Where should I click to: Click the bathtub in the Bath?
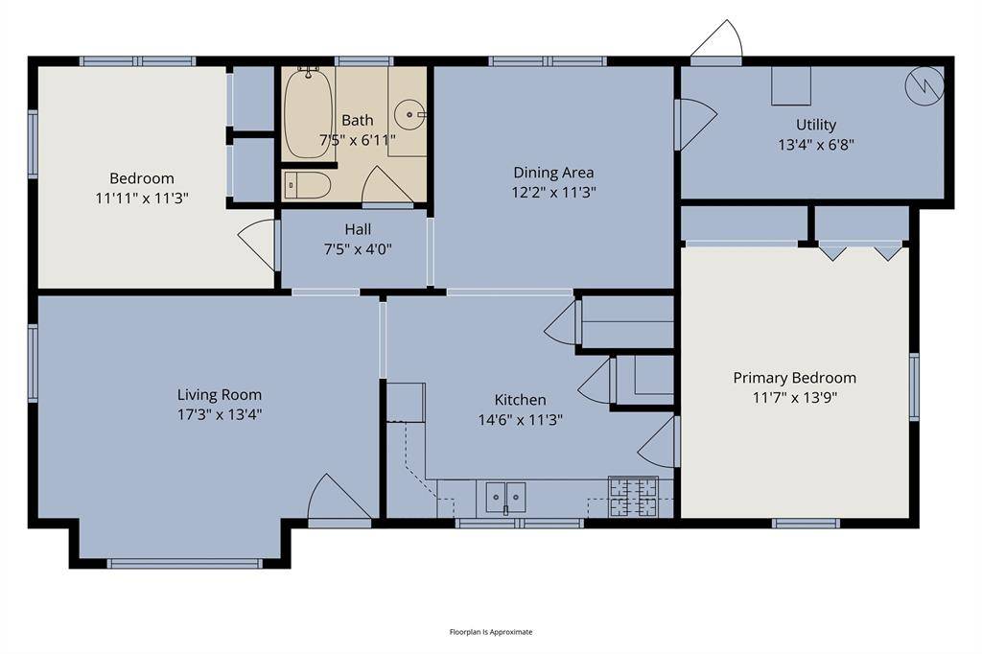[308, 114]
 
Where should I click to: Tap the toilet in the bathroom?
[308, 184]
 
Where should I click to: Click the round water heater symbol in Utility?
[924, 86]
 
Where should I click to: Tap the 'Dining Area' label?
[553, 173]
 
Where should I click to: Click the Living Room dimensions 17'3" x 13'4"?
[220, 414]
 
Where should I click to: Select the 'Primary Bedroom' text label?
[794, 378]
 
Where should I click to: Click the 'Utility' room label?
[815, 125]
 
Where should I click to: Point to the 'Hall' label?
[358, 229]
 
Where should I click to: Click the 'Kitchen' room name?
[520, 400]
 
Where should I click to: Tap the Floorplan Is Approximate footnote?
[491, 632]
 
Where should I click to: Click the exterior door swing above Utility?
[718, 42]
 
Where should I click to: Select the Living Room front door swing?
[336, 499]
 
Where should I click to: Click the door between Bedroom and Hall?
[259, 245]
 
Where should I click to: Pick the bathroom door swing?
[386, 186]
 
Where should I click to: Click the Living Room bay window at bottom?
[184, 563]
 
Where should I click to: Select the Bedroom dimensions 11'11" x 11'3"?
[142, 199]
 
